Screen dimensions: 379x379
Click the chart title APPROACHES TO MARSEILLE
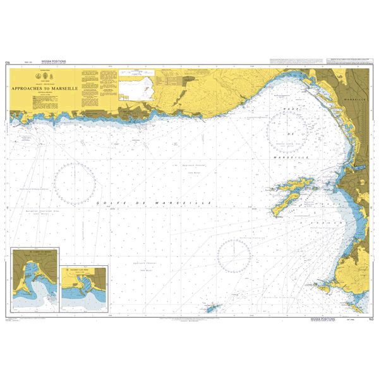[44, 89]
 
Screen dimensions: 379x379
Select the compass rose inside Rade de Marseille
[287, 131]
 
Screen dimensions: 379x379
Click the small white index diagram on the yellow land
[138, 89]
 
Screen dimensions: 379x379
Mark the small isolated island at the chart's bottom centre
[211, 308]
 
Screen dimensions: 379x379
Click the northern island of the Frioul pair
[294, 186]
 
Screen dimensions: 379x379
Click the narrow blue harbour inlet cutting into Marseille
[354, 167]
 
